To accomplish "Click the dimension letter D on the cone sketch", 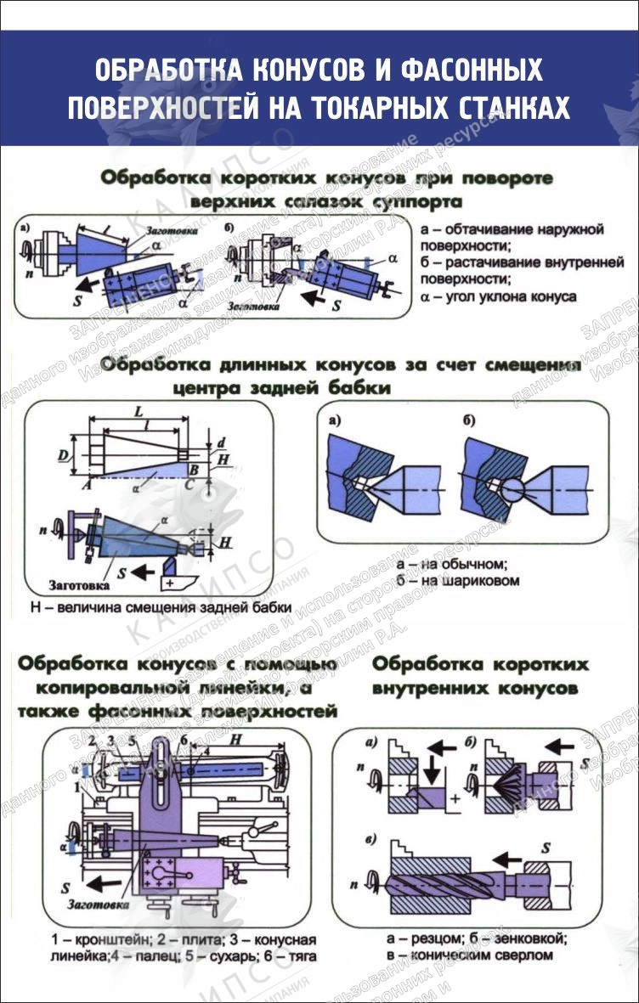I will coord(63,457).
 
